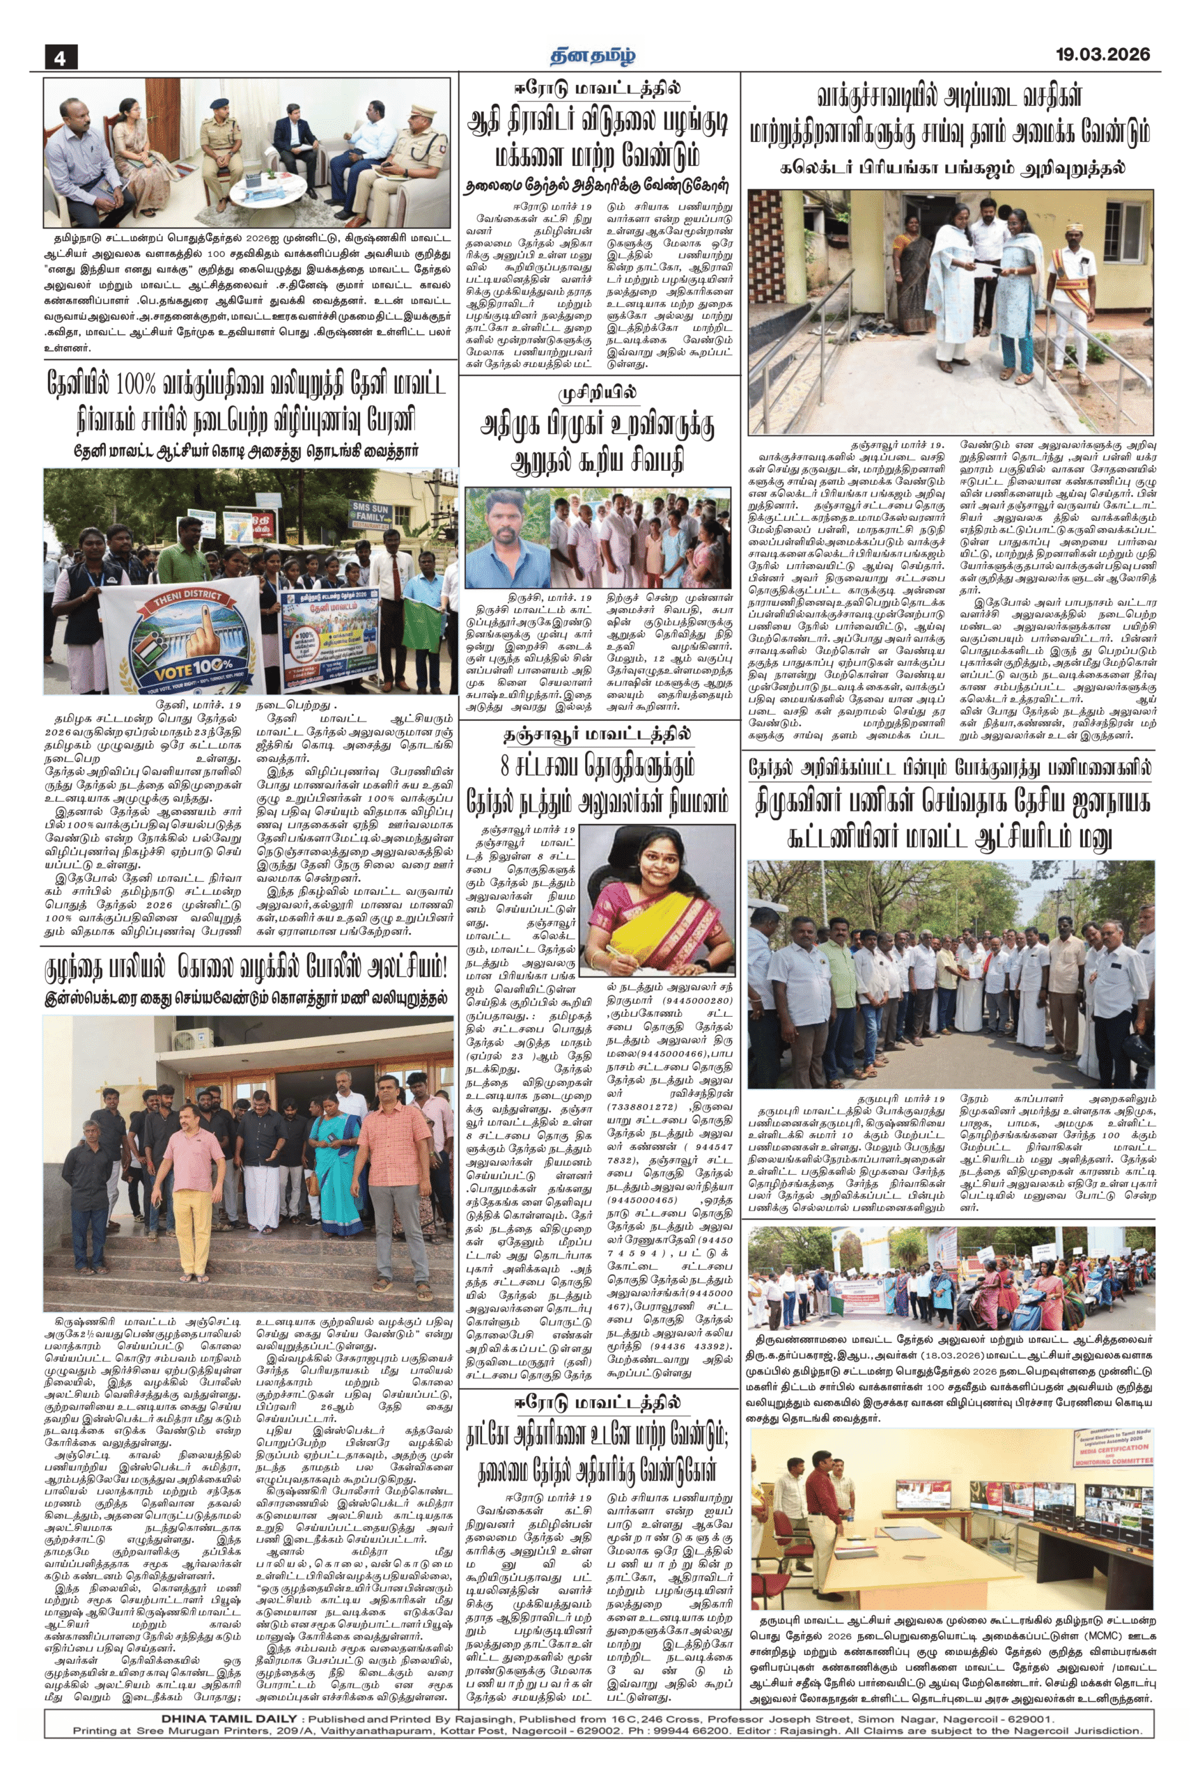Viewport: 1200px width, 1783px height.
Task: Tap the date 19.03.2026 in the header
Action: (1102, 54)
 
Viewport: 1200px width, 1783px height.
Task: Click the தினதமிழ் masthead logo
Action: (595, 55)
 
